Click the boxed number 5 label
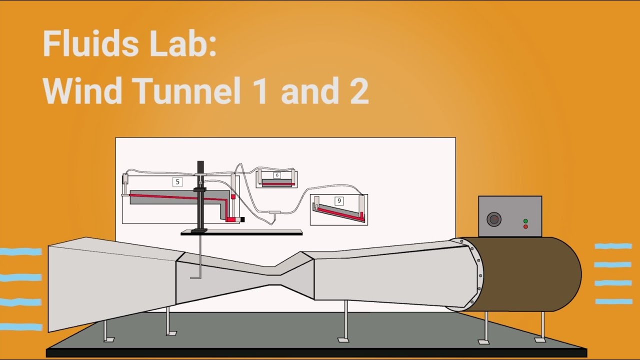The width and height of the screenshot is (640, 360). tap(177, 182)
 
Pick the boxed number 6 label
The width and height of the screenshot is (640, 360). tap(277, 175)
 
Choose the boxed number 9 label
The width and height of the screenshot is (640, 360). tap(339, 201)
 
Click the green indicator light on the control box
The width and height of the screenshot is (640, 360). tap(525, 221)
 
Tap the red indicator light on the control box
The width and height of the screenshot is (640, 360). tap(525, 226)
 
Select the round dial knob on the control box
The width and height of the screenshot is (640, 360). tap(494, 219)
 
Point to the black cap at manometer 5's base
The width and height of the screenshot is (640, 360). tap(242, 219)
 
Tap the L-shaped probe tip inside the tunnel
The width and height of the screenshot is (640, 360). tap(195, 275)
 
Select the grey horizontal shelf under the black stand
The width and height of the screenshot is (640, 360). tap(241, 232)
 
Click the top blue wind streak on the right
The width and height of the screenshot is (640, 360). tap(613, 246)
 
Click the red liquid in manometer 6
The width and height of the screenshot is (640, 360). tap(276, 184)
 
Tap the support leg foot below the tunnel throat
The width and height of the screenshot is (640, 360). tap(343, 339)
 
